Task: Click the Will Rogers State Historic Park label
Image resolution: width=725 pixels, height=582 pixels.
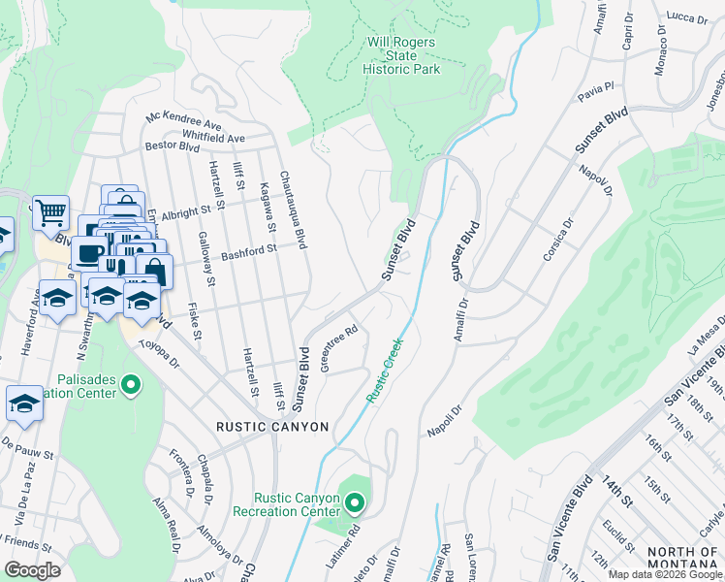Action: tap(401, 55)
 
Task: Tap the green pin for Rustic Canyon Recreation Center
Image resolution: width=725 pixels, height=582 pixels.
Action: tap(355, 502)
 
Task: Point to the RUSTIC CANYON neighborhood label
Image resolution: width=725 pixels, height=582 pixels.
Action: tap(272, 427)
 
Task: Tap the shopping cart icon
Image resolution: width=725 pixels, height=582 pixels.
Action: tap(50, 210)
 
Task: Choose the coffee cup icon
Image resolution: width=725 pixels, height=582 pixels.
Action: tap(88, 253)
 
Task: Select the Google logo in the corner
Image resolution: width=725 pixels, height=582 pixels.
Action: tap(33, 570)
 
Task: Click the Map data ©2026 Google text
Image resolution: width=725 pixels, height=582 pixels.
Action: tap(665, 574)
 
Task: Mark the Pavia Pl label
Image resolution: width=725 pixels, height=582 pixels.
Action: tap(596, 90)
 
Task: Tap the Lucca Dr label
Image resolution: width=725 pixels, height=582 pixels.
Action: tap(688, 16)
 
